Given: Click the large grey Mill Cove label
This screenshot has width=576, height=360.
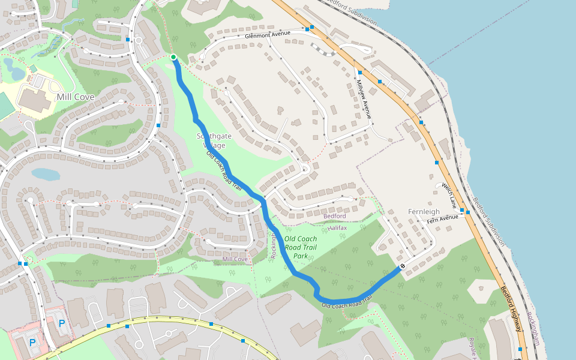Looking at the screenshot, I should (x=76, y=97).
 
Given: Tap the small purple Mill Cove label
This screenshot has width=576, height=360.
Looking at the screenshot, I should (x=235, y=259).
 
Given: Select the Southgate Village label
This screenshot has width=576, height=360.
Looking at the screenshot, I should (x=211, y=140).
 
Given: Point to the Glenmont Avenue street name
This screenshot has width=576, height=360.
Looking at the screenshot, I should (x=268, y=35).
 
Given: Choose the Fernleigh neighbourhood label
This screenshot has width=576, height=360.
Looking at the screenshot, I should (x=424, y=212).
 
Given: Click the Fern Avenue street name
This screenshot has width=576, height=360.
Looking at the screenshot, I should (x=442, y=220).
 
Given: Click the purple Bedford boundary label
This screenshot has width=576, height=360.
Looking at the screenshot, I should (x=335, y=216).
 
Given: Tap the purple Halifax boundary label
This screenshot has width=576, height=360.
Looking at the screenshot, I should (x=338, y=227).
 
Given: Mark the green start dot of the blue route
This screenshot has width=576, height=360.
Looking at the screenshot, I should (x=173, y=57).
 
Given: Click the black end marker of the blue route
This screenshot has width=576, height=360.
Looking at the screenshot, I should (x=403, y=266).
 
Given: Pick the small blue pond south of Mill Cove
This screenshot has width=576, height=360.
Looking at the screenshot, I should (x=46, y=174).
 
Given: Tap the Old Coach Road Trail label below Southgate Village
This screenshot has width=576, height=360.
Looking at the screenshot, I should (x=224, y=171).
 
